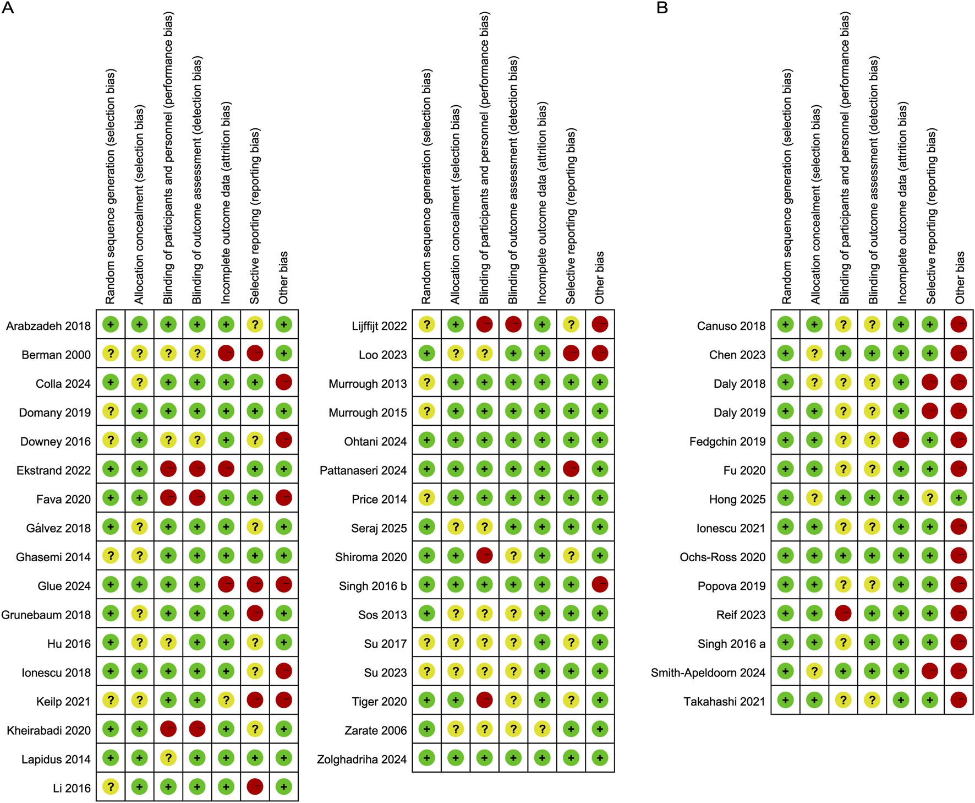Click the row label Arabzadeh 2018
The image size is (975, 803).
[48, 326]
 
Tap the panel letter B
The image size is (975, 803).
[662, 8]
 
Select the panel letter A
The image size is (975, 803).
[8, 8]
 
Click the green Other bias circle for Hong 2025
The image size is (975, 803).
[958, 498]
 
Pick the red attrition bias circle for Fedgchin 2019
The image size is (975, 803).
[901, 440]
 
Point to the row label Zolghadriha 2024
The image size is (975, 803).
[361, 759]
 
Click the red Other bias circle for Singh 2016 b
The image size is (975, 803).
[600, 584]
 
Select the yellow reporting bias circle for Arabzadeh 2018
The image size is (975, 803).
[255, 325]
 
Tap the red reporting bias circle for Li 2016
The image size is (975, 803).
[255, 787]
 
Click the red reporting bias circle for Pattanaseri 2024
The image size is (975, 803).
[571, 469]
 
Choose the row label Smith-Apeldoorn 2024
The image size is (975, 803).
[708, 672]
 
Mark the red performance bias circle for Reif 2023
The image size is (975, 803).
[843, 614]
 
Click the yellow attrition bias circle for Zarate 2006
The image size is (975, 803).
[542, 729]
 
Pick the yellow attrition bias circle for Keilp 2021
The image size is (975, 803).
[226, 701]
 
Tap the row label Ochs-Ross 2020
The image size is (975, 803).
[722, 557]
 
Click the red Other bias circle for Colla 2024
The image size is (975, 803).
[283, 382]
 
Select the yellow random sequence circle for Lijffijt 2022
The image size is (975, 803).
[426, 325]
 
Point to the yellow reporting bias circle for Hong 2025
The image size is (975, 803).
[929, 498]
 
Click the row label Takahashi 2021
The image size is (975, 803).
[724, 702]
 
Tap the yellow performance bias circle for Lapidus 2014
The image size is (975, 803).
[168, 758]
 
